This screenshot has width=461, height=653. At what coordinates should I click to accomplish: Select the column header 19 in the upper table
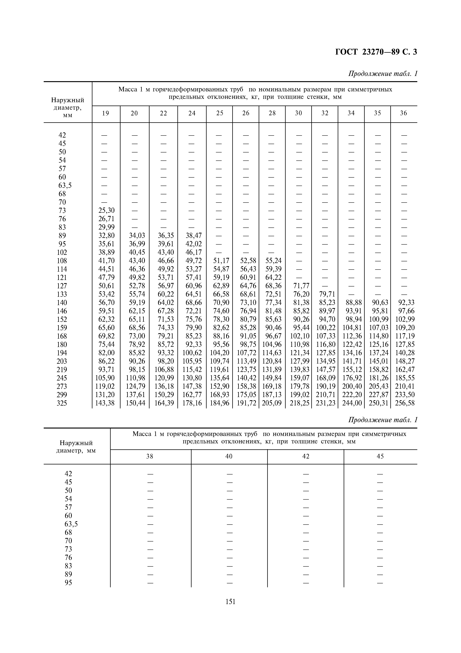(x=106, y=113)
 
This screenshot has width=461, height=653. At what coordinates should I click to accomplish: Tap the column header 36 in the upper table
(x=404, y=113)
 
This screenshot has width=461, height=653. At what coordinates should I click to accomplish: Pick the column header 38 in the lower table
(x=150, y=456)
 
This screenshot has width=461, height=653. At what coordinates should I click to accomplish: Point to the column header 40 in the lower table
(x=229, y=456)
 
